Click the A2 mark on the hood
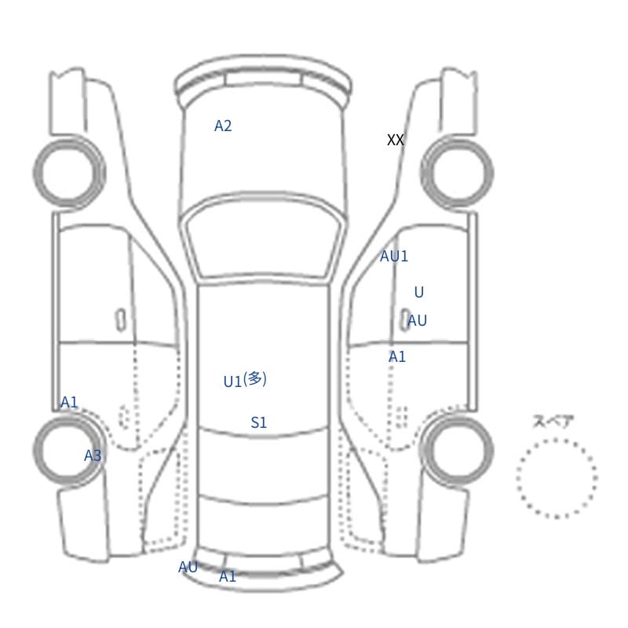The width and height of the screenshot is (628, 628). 223,126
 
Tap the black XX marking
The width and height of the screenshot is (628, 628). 396,140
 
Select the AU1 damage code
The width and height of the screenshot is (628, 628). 394,257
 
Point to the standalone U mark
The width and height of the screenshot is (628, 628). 419,292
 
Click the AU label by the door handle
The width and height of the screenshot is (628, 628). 418,320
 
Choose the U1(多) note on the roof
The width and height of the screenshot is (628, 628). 245,380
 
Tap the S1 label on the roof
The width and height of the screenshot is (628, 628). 259,422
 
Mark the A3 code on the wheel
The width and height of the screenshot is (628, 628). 93,455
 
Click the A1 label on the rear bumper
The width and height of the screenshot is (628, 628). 228,577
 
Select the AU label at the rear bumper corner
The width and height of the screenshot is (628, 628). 188,567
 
